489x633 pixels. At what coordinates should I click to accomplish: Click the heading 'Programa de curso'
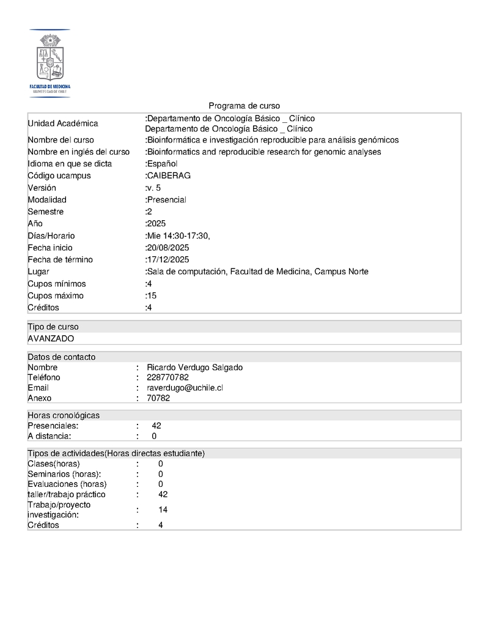tap(244, 106)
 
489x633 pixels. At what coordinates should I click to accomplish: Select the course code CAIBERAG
tap(169, 176)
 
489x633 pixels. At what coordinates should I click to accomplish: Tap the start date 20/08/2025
tap(168, 248)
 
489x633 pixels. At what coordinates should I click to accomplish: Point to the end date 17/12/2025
tap(168, 260)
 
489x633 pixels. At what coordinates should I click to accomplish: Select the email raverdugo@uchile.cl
tap(185, 388)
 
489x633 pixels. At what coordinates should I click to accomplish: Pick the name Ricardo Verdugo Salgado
tap(194, 368)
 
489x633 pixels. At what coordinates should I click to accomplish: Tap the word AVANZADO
tap(51, 338)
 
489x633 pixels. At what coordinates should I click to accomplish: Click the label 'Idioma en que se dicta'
tap(70, 164)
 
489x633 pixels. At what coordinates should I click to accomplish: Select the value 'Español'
tap(162, 164)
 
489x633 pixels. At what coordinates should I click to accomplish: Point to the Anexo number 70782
tap(158, 398)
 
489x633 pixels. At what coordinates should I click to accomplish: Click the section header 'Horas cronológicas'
tap(64, 415)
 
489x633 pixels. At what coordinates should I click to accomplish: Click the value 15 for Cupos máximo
tap(152, 296)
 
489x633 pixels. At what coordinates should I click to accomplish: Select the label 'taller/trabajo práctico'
tap(67, 494)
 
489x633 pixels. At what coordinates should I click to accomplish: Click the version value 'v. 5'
tap(154, 188)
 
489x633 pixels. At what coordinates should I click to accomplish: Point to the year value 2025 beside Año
tap(156, 224)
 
